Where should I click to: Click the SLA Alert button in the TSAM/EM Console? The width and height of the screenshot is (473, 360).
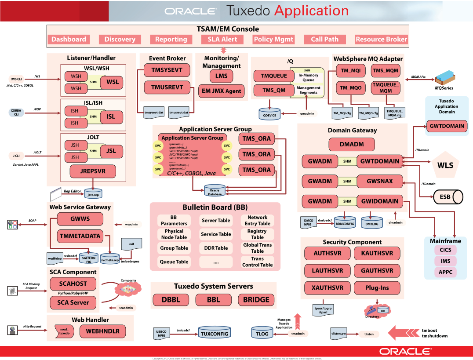222,39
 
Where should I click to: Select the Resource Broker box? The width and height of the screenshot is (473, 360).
381,39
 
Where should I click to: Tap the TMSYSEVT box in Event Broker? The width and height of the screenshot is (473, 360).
164,70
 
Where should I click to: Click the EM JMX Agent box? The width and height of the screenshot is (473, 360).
221,91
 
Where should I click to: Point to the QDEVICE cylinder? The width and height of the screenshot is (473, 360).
269,113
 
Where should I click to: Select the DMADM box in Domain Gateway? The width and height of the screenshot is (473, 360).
351,144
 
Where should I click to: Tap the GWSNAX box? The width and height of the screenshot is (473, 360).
379,181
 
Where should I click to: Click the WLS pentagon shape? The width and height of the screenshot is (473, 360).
445,166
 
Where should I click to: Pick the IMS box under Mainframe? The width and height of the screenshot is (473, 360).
445,261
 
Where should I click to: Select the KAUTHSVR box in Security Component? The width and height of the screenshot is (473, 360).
377,253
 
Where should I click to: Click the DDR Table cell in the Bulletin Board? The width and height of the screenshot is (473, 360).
216,248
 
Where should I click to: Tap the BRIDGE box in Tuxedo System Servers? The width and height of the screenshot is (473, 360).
256,299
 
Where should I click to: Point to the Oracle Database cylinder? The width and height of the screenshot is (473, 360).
214,191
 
